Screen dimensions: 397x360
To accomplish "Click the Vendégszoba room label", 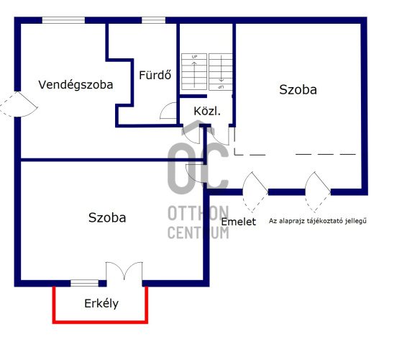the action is coord(76,85).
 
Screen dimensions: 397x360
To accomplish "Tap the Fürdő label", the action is coord(155,75).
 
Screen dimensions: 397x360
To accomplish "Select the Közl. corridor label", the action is coord(207,111).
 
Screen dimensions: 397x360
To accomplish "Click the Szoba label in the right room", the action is coord(298,89).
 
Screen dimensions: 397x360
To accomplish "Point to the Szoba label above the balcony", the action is coord(107,217).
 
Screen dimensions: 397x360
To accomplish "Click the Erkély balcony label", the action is coord(101,304).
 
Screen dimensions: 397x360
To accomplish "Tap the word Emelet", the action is coord(239,222).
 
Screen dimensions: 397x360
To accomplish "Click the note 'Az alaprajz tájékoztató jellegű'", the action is coord(317,221).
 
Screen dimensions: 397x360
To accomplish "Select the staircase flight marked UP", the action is coord(194,71).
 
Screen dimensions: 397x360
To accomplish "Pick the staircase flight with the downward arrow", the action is coord(221,72).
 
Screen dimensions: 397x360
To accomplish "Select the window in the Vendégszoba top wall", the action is coord(63,20).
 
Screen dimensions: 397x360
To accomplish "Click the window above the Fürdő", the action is coord(153,20).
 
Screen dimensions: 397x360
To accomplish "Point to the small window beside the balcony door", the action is coord(84,283).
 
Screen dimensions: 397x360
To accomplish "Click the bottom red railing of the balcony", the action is coord(100,322).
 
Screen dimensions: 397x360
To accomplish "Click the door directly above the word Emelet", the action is coord(255,192).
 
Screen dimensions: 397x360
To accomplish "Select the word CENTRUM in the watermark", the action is coord(198,233).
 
